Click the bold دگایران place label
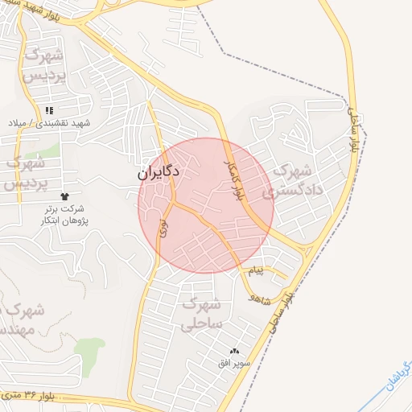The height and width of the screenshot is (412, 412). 158,172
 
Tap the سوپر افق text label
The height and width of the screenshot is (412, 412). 235,363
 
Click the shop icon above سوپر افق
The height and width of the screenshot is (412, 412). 235,351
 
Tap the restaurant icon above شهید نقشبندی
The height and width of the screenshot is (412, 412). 50,110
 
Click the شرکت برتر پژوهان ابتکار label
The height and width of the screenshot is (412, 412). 65,215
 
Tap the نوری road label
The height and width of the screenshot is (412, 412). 164,228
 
